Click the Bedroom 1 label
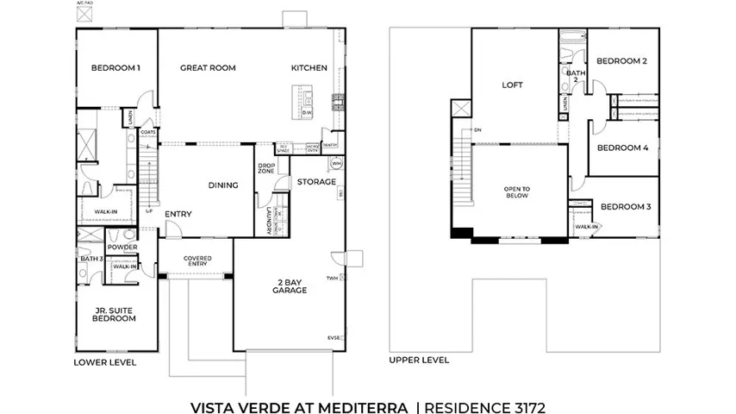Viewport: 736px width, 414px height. [x=115, y=68]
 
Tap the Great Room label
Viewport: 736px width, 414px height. [x=208, y=68]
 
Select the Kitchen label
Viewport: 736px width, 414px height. [x=309, y=68]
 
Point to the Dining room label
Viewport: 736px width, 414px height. [x=222, y=185]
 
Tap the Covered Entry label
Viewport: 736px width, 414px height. [x=197, y=262]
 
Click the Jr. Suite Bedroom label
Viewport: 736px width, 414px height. [x=115, y=314]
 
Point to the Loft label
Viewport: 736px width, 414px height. [x=513, y=85]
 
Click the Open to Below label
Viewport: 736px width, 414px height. [x=517, y=192]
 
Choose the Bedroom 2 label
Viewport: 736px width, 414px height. [x=621, y=61]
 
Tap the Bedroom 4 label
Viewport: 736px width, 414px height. [x=622, y=147]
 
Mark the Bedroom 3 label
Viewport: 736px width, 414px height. [x=625, y=207]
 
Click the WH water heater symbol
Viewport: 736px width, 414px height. [x=336, y=163]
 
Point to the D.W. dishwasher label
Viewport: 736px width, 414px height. [x=307, y=113]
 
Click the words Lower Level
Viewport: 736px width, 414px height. [x=104, y=363]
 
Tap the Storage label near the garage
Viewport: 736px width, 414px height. [x=316, y=182]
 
